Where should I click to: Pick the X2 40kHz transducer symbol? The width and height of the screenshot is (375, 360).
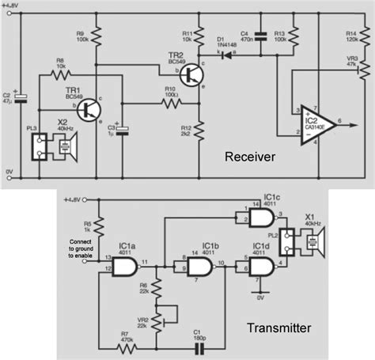click(63, 146)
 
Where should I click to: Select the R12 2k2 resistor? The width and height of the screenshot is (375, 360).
click(199, 130)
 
